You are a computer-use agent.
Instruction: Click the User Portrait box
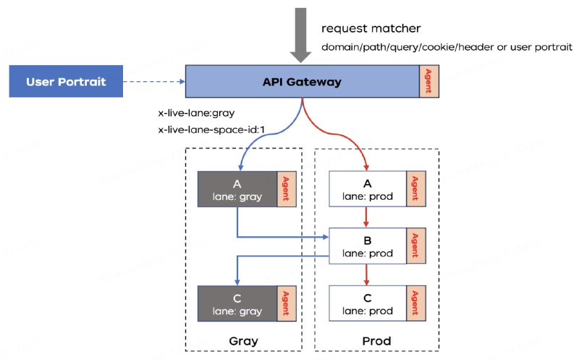[x=66, y=81]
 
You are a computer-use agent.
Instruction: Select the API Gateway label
[x=302, y=81]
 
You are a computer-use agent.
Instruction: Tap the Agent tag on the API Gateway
[x=430, y=81]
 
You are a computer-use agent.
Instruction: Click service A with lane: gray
[x=237, y=190]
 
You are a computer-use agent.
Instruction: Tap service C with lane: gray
[x=237, y=304]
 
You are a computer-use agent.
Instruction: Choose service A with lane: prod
[x=368, y=190]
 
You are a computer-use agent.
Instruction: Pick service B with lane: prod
[x=368, y=246]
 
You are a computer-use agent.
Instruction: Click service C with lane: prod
[x=368, y=304]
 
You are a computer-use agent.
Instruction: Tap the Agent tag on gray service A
[x=287, y=190]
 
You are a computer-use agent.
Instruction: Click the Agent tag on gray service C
[x=287, y=304]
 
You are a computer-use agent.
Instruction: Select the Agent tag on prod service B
[x=415, y=246]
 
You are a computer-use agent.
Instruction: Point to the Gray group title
[x=243, y=340]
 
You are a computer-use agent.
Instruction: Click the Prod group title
[x=376, y=340]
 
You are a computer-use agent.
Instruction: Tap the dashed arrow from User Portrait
[x=153, y=82]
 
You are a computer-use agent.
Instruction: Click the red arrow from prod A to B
[x=368, y=217]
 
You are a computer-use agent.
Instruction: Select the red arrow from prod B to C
[x=368, y=274]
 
